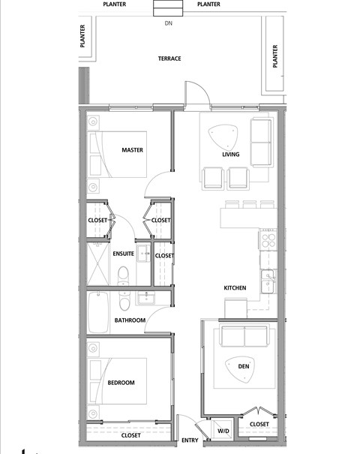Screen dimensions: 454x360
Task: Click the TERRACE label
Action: click(169, 59)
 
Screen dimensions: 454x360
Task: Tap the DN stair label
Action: click(169, 23)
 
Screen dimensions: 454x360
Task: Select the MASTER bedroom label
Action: click(133, 150)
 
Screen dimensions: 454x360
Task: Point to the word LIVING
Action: click(230, 155)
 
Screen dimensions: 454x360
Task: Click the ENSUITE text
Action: click(123, 254)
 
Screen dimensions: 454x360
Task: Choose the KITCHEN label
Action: click(235, 288)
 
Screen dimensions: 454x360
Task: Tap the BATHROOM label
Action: click(129, 320)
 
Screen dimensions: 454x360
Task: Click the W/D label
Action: click(223, 431)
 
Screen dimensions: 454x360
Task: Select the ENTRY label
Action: click(190, 440)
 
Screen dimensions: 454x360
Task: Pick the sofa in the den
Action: click(243, 337)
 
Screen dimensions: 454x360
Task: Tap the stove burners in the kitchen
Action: click(268, 241)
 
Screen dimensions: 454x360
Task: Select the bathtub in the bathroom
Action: click(98, 313)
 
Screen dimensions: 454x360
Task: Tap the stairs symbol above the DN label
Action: click(169, 8)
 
